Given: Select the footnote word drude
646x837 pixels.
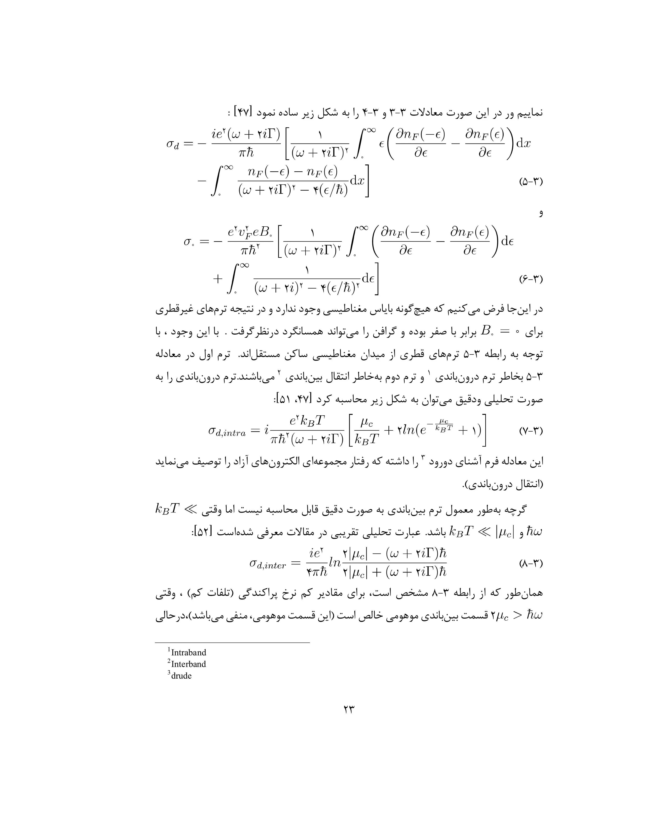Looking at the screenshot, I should [x=181, y=676].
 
